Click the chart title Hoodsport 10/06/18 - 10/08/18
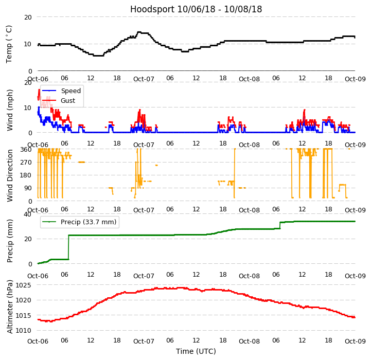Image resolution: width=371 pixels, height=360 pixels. pos(196,9)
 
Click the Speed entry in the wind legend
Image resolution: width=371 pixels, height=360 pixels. pos(70,91)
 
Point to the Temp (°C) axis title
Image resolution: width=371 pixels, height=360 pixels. pos(9,44)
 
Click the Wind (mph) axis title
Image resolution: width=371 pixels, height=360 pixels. pos(10,110)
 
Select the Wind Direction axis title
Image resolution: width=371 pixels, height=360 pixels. pos(10,175)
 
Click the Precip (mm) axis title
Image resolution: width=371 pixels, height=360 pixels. pos(10,239)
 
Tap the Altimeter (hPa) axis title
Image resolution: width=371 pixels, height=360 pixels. pos(10,307)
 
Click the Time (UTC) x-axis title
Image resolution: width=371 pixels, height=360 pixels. pos(196,351)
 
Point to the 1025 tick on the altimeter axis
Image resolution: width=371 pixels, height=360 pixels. pos(23,285)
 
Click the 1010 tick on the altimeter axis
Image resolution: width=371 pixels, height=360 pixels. pos(23,331)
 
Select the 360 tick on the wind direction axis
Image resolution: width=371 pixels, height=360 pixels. pos(26,150)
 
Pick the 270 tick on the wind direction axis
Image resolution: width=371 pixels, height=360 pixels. pos(26,163)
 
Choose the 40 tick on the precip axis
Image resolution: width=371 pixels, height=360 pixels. pos(28,214)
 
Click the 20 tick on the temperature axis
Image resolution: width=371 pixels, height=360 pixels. pos(28,17)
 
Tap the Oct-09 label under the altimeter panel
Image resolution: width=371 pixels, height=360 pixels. pos(355,341)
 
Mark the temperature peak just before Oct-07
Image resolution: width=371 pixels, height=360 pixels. pos(139,32)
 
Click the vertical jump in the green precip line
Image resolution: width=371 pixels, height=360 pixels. pos(68,247)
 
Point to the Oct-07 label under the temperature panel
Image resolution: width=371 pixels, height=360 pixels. pos(144,79)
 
